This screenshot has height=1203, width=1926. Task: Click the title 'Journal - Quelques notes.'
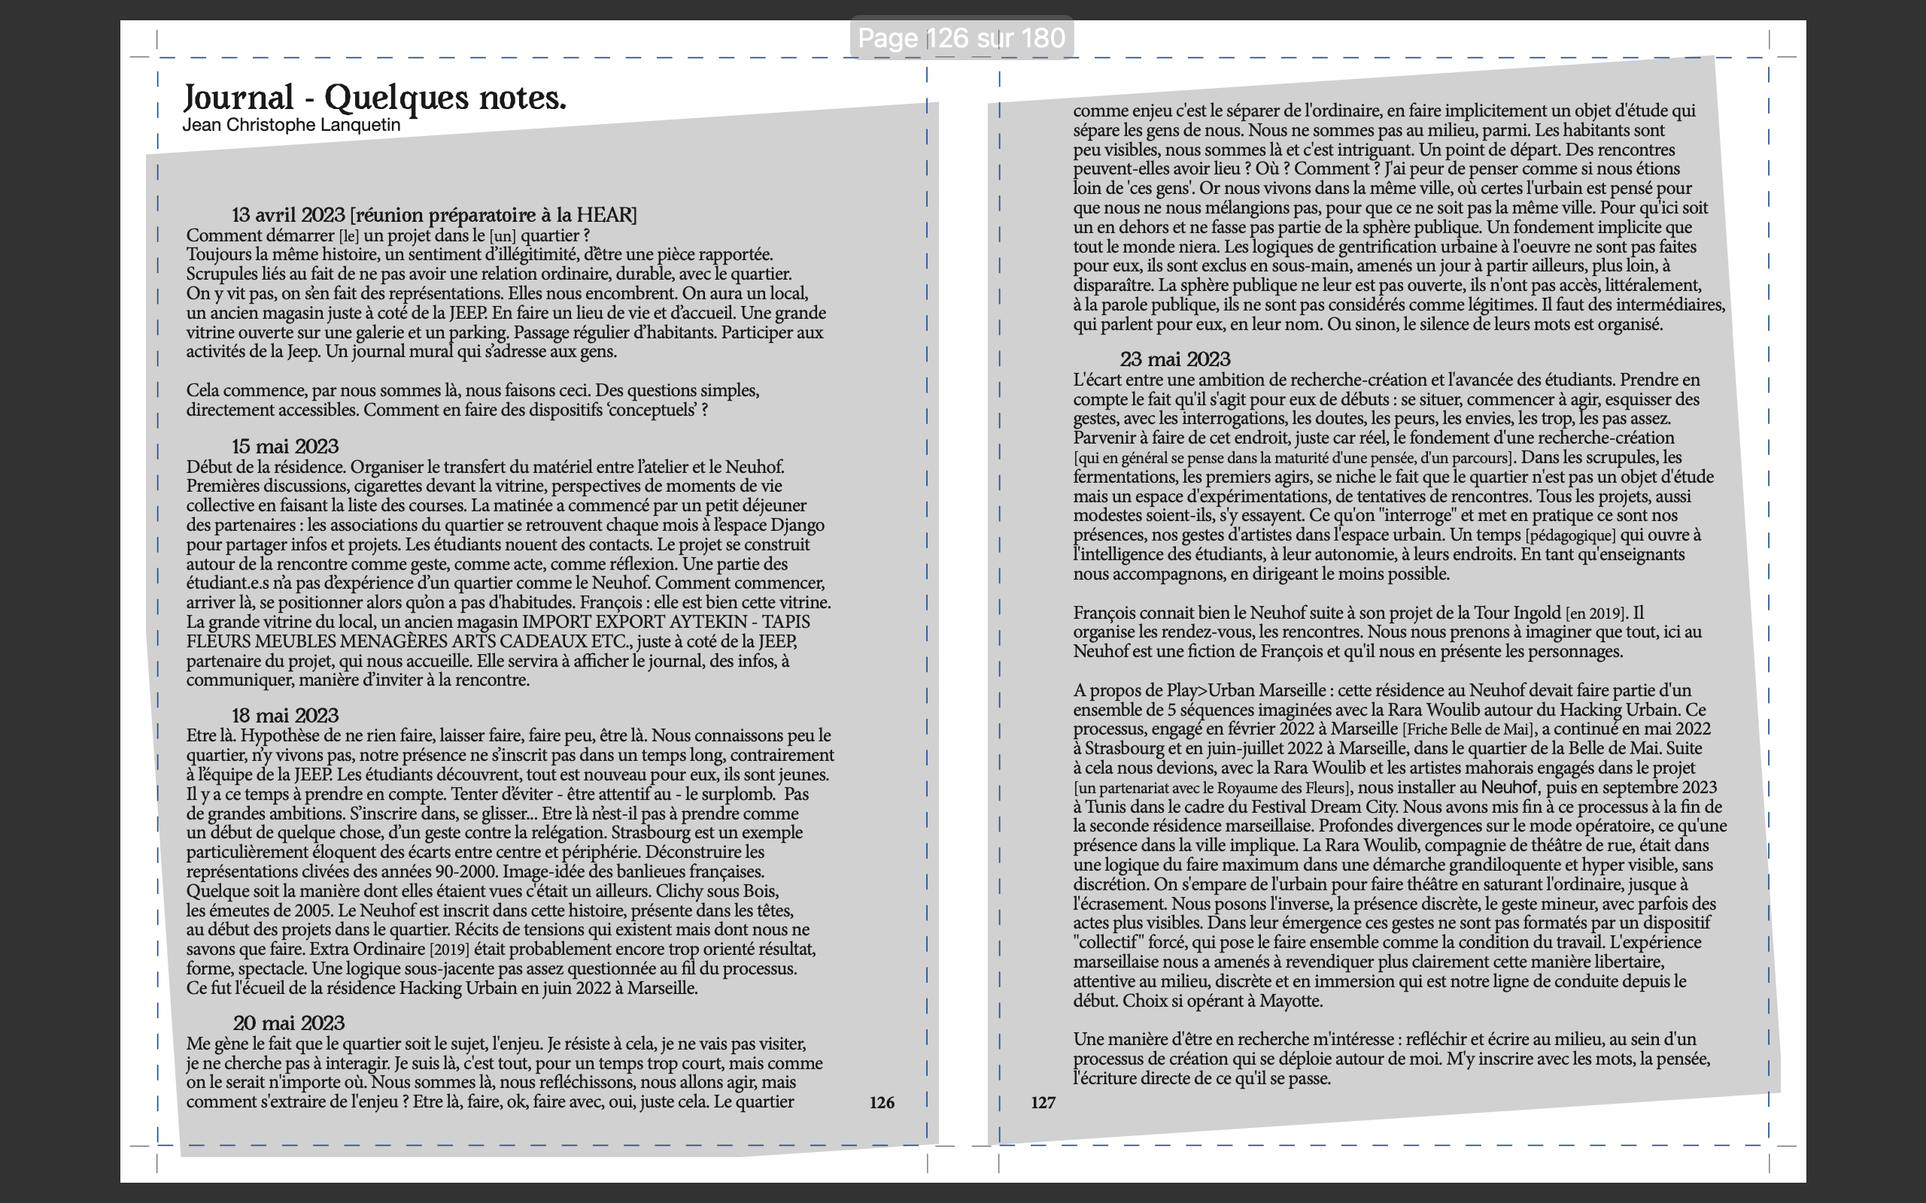tap(374, 98)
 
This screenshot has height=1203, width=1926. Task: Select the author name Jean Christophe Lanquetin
tap(291, 125)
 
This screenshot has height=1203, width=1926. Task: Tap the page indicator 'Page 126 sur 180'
tap(961, 38)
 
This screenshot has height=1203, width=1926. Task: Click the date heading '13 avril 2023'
tap(288, 215)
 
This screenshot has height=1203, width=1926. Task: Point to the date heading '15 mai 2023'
tap(285, 447)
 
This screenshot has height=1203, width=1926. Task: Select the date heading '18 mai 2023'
tap(285, 715)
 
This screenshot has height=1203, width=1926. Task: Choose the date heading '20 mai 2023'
tap(288, 1023)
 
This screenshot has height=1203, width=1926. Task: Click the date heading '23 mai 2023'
tap(1174, 359)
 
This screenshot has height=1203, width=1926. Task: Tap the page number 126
tap(882, 1103)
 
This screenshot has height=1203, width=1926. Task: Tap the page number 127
tap(1043, 1103)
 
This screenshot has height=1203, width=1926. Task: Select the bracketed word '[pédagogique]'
tap(1570, 535)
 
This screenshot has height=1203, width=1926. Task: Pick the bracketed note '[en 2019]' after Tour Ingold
tap(1594, 614)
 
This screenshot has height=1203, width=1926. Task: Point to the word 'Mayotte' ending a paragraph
tap(1290, 1001)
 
